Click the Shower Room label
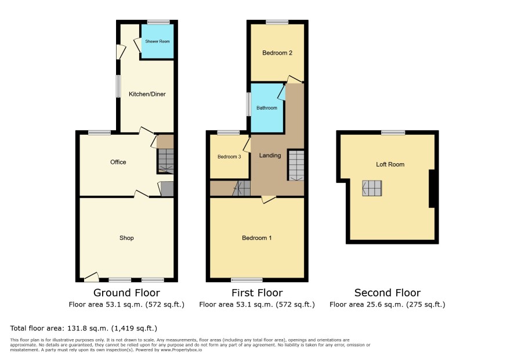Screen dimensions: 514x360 coord(157,41)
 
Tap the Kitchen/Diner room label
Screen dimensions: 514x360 coord(147,94)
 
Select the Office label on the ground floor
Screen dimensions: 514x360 coord(118,162)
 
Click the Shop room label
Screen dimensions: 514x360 coord(126,238)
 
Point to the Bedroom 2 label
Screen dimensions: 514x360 coord(277,53)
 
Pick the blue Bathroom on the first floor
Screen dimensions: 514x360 coord(267,108)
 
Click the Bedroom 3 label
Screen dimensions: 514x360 coord(229,157)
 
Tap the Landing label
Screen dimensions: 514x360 coord(270,156)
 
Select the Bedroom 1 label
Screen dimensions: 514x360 coord(256,238)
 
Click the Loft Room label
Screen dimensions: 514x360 coord(390,164)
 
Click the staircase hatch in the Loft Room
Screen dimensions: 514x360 coord(372,188)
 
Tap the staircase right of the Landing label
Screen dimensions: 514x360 coord(296,165)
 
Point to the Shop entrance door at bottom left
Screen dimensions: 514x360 coord(92,278)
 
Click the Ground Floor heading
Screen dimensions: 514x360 coord(126,293)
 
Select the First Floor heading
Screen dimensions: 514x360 coord(257,293)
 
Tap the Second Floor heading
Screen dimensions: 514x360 coord(388,293)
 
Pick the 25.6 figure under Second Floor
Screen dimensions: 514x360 coord(373,304)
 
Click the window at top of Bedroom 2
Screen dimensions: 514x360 coord(277,22)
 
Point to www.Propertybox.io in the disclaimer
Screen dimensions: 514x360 coord(181,350)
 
